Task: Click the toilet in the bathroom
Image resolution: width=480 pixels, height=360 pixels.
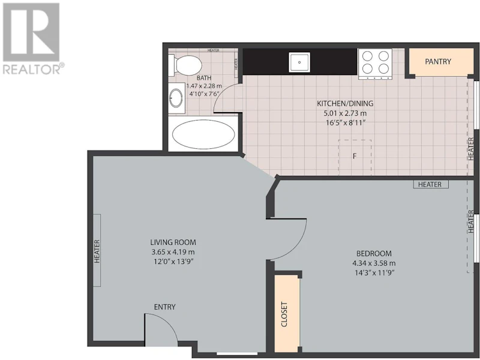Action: pos(185,65)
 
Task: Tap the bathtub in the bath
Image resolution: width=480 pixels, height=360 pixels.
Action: pos(203,134)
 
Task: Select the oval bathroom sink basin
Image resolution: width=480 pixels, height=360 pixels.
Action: pos(176,98)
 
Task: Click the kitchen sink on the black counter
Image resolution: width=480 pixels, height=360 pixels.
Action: pos(299,62)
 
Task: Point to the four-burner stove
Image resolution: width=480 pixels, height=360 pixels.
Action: pos(375,64)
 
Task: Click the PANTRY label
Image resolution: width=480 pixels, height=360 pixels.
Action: pos(438,62)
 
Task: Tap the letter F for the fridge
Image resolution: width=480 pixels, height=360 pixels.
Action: pos(355,157)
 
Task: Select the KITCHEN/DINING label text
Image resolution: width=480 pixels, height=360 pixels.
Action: pos(345,103)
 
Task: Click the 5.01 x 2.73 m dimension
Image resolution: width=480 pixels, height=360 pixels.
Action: pos(345,113)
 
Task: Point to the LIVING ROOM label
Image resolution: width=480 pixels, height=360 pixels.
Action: pos(173,242)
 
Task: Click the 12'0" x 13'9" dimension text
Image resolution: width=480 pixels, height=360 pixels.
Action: pos(173,262)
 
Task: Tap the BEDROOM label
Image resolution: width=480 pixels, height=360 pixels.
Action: pos(374,253)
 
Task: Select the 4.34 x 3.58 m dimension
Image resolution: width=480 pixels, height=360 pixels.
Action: pos(374,263)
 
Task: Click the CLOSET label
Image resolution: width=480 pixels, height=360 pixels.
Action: pos(284,314)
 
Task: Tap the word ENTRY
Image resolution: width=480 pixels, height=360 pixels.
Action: pos(164,307)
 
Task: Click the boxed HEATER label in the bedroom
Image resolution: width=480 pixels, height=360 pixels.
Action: pos(430,184)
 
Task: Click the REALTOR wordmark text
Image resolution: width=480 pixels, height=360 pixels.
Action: pos(32,69)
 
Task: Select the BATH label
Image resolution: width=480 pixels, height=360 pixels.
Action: pos(204,78)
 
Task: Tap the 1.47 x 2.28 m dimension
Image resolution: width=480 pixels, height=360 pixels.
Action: pos(204,86)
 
